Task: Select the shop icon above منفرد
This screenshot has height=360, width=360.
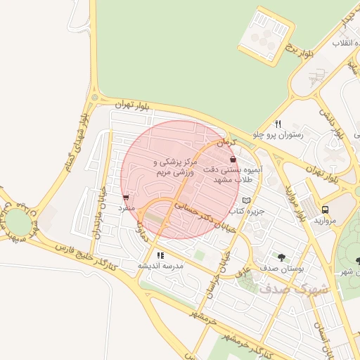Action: click(x=126, y=198)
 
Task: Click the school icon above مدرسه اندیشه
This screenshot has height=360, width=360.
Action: click(x=161, y=255)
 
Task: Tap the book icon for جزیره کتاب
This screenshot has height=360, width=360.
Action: click(x=245, y=200)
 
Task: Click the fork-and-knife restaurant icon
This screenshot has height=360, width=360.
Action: click(x=278, y=124)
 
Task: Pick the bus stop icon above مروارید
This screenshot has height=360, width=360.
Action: click(x=325, y=210)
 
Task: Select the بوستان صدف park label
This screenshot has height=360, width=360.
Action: click(x=281, y=268)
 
